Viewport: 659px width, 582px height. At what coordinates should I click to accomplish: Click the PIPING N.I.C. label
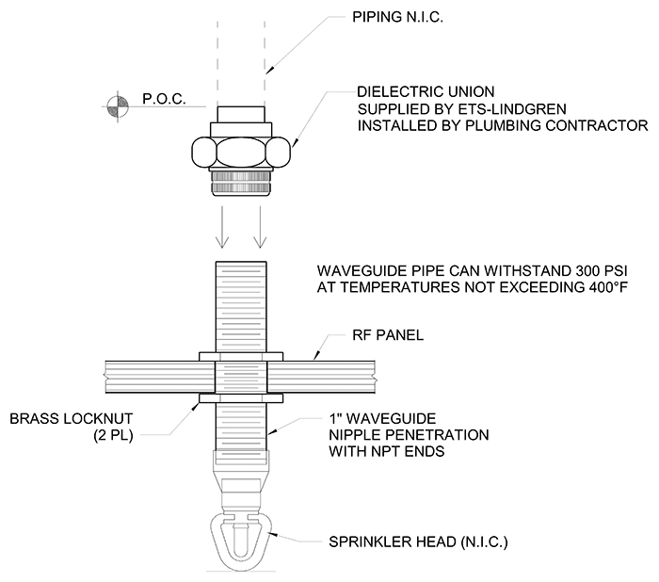tap(397, 17)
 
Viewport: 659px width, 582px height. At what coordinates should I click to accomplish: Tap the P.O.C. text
tap(164, 99)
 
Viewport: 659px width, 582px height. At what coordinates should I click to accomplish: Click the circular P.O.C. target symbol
tap(118, 106)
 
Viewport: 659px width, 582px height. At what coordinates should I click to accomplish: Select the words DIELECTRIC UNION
tap(426, 91)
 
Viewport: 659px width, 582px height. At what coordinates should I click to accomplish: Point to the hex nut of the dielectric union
tap(241, 152)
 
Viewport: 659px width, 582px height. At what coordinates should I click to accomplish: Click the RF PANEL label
tap(388, 335)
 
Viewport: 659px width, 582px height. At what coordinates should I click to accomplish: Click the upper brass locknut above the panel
tap(241, 357)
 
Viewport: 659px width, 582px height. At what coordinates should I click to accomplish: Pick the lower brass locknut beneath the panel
tap(241, 398)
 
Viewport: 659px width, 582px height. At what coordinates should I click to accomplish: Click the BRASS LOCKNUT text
tap(72, 419)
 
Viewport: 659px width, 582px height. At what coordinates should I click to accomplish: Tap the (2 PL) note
tap(113, 435)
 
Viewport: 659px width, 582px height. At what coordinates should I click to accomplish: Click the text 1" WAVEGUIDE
tap(382, 419)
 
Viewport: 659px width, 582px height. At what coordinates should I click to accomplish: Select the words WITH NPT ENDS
tap(387, 451)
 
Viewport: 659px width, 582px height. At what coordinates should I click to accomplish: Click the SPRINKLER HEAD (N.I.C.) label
tap(418, 542)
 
